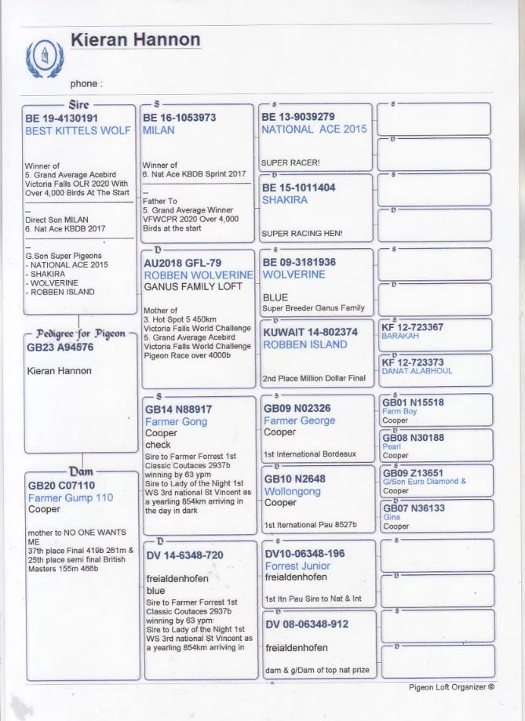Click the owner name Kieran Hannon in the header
pyautogui.click(x=135, y=39)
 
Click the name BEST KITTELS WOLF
pyautogui.click(x=78, y=131)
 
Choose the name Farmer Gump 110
pyautogui.click(x=70, y=497)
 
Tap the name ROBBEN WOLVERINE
pyautogui.click(x=198, y=276)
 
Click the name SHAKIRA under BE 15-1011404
pyautogui.click(x=284, y=199)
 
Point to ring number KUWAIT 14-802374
pyautogui.click(x=310, y=332)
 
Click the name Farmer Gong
pyautogui.click(x=176, y=421)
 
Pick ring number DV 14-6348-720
pyautogui.click(x=184, y=555)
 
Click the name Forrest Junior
pyautogui.click(x=297, y=566)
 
